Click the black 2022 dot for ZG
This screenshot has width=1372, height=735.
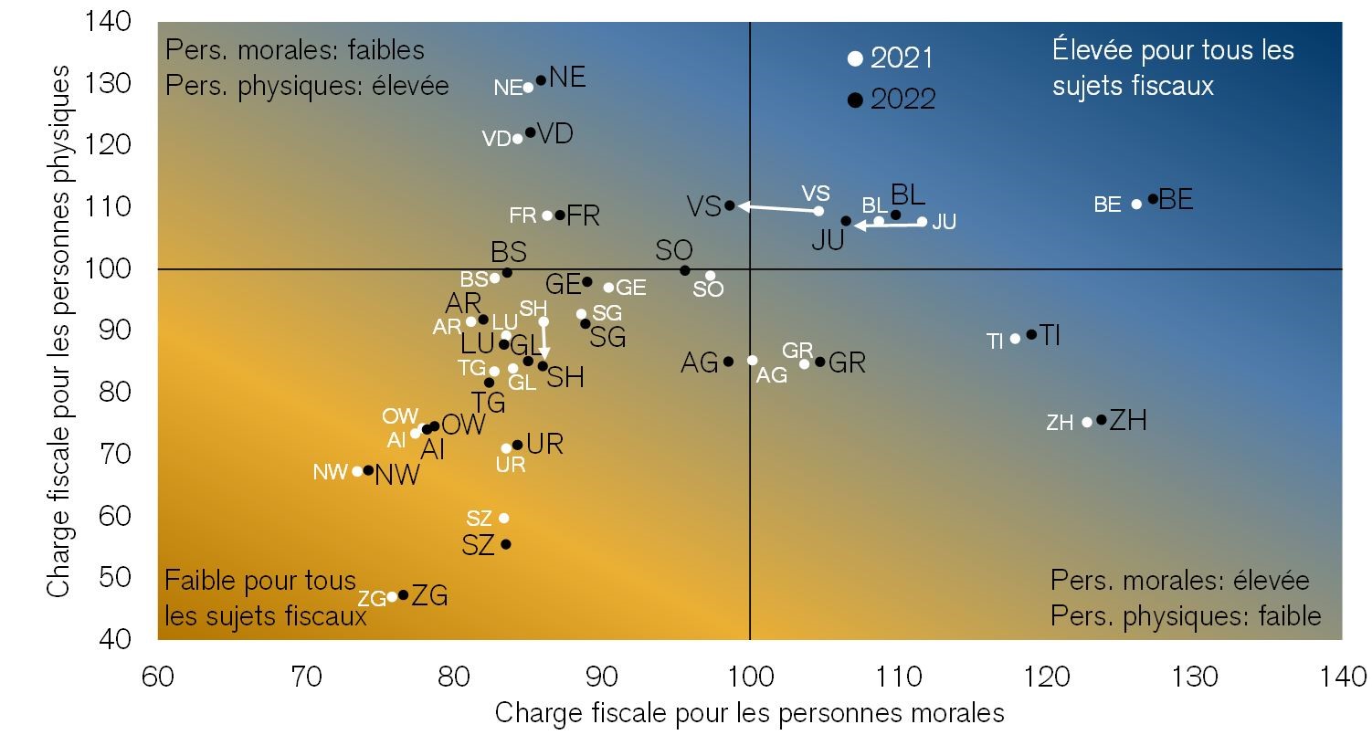click(x=403, y=595)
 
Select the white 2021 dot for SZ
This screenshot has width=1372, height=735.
click(x=503, y=518)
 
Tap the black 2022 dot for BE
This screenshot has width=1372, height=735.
click(x=1153, y=198)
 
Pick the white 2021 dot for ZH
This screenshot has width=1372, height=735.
click(x=1087, y=422)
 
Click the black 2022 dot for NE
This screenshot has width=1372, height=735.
click(x=541, y=80)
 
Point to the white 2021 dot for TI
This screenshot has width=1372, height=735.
click(x=1015, y=339)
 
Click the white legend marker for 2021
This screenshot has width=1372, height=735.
click(x=855, y=58)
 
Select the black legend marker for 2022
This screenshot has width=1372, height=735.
click(x=855, y=100)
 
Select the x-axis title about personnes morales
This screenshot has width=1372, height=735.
click(x=749, y=713)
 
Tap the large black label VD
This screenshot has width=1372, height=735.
click(x=554, y=134)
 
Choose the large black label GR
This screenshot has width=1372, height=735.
click(x=847, y=362)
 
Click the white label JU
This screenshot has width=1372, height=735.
click(x=944, y=222)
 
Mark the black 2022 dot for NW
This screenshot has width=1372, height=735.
click(x=368, y=470)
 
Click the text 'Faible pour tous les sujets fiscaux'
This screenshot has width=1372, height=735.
click(x=265, y=598)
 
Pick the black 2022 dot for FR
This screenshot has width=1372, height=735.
click(x=560, y=215)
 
